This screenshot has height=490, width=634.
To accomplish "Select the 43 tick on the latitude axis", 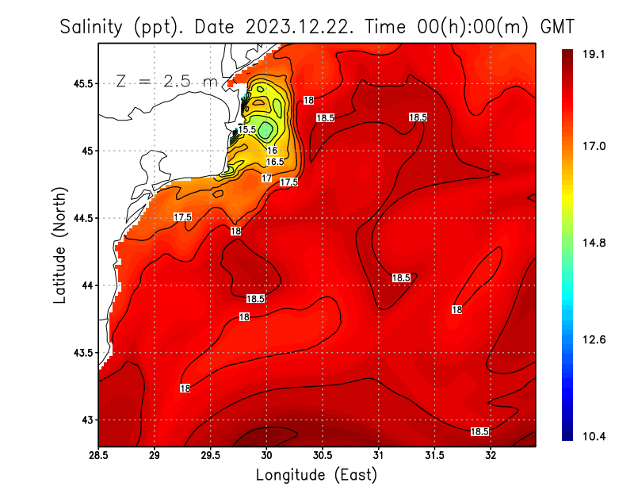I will pyautogui.click(x=86, y=419).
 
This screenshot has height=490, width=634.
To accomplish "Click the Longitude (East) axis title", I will pyautogui.click(x=316, y=475).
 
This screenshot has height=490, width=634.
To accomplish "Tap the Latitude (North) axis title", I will pyautogui.click(x=59, y=246).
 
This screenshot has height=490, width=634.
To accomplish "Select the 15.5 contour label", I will pyautogui.click(x=246, y=129).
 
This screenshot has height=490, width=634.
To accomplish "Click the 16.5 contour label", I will pyautogui.click(x=274, y=162).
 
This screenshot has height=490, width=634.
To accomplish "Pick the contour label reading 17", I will pyautogui.click(x=267, y=178).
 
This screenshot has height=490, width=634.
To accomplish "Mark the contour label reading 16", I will pyautogui.click(x=272, y=151).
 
